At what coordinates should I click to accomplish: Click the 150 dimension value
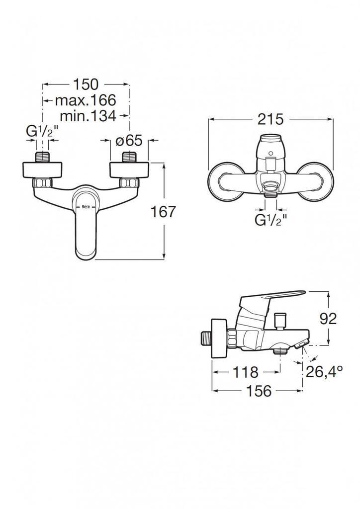point(86,84)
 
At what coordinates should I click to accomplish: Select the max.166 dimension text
point(86,100)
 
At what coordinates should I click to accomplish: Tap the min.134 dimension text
point(88,115)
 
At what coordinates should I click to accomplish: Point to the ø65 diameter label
point(129,140)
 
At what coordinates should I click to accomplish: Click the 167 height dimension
point(163,212)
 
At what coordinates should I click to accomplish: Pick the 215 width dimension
point(270,119)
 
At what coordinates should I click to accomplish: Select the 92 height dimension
point(328,319)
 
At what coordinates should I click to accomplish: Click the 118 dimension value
point(246,372)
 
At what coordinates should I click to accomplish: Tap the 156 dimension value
point(259,391)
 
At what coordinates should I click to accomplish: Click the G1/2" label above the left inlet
point(42,131)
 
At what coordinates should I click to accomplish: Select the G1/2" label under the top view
point(270,220)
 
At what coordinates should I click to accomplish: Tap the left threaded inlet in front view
point(42,157)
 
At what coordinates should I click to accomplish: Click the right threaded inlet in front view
point(129,157)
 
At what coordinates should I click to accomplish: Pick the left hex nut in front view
point(42,183)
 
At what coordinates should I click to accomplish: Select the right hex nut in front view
point(129,183)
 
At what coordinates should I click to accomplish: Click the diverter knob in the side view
point(280,321)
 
